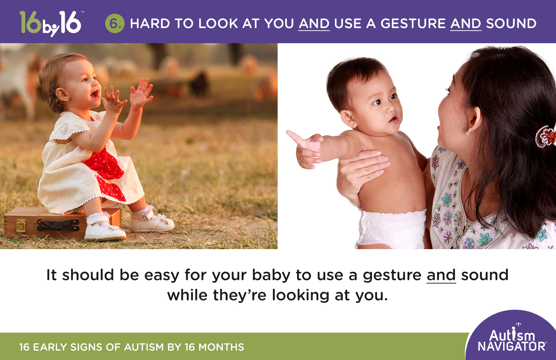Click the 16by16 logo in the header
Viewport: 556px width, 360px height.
click(x=50, y=23)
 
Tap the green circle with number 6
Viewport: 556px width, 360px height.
click(x=115, y=24)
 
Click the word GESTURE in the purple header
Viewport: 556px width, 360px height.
click(x=413, y=24)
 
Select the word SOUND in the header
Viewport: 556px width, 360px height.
click(x=511, y=24)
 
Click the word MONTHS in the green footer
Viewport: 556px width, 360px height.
click(x=221, y=347)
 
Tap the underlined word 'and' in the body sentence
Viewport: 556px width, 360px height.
click(x=441, y=275)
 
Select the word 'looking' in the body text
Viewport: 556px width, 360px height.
click(x=300, y=295)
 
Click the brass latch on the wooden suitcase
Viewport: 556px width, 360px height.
click(x=21, y=226)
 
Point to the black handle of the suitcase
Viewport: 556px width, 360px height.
click(x=58, y=225)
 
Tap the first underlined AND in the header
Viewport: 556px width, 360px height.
click(x=314, y=24)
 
